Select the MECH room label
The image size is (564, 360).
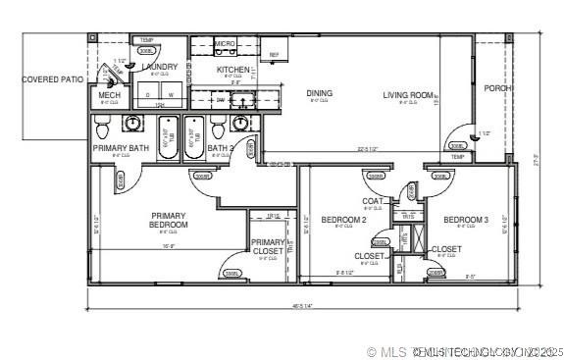coord(109,95)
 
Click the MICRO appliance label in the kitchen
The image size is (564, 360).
coord(225,44)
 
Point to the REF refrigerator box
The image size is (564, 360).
coord(274,54)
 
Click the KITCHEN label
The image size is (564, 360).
coord(233,70)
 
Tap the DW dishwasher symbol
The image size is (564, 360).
coord(220,99)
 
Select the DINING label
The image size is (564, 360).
coord(319,94)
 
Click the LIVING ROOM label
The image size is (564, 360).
coord(408,95)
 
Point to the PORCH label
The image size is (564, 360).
coord(498,87)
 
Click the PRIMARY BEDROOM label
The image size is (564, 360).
coord(169,220)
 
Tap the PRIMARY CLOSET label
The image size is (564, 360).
coord(267,247)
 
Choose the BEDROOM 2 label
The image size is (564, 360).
coord(343,220)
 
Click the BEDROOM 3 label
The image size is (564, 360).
coord(466,220)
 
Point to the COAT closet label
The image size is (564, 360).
coord(373,201)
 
